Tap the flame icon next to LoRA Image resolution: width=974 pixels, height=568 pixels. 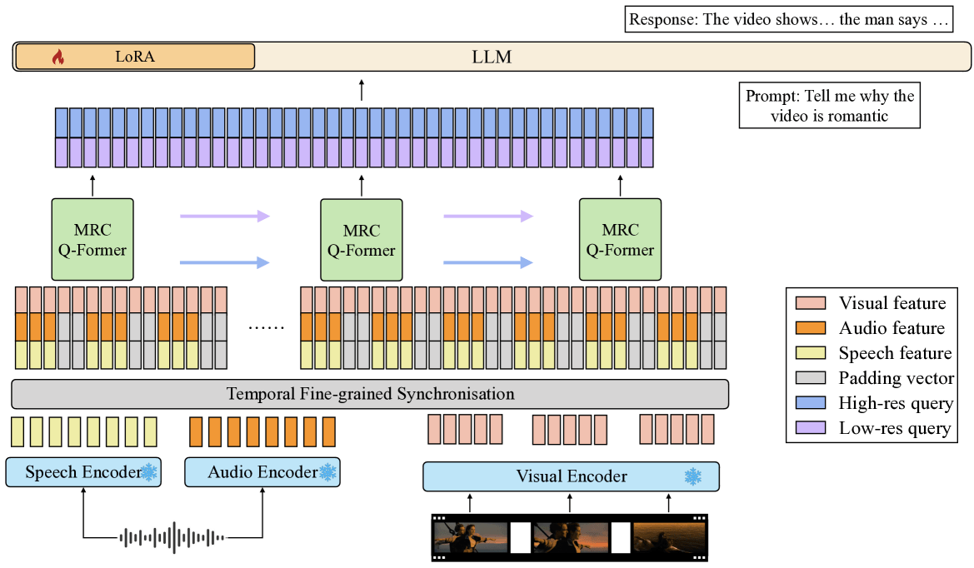[x=57, y=57]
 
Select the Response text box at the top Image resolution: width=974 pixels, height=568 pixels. [x=789, y=19]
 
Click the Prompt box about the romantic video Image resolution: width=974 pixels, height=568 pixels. [x=829, y=106]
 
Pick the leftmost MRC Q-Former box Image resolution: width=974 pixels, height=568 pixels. [x=92, y=238]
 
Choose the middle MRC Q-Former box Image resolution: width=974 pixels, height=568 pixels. [x=361, y=238]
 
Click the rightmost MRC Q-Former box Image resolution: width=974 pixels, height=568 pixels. [x=620, y=238]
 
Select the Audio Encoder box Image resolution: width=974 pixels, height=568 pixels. [x=262, y=473]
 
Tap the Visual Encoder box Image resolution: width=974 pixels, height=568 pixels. [x=571, y=476]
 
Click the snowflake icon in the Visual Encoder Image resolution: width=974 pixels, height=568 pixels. [x=692, y=476]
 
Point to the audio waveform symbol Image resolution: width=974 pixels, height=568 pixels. [x=172, y=537]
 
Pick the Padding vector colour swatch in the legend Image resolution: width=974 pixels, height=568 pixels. [x=811, y=378]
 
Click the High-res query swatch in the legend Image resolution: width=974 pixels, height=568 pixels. [x=811, y=403]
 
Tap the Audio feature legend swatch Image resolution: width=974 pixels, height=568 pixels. [x=811, y=328]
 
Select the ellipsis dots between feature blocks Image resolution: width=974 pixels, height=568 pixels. [x=266, y=326]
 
